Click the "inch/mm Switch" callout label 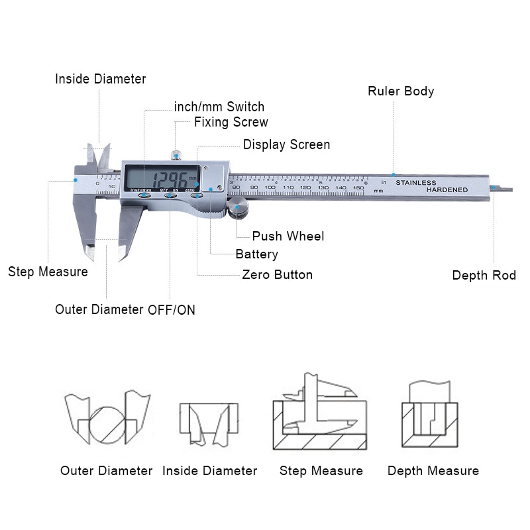219,107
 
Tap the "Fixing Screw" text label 231,122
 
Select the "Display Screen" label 286,144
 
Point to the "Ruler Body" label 401,91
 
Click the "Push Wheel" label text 288,236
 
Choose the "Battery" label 256,254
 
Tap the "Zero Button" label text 277,274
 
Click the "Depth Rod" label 484,275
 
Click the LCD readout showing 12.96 169,179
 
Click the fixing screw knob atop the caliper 176,156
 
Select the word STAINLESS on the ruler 416,182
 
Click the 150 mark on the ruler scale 358,188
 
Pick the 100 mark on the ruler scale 270,188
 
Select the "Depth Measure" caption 433,471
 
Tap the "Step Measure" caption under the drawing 321,471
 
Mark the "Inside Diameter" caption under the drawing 209,471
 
